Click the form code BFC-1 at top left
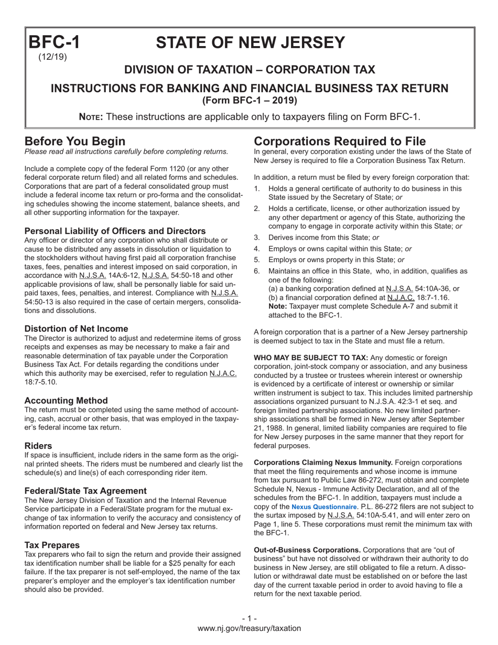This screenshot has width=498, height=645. pyautogui.click(x=53, y=42)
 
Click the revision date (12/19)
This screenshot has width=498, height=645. pyautogui.click(x=52, y=57)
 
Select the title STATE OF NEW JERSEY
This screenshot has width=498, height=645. pyautogui.click(x=251, y=42)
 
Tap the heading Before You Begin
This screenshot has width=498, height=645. pyautogui.click(x=75, y=141)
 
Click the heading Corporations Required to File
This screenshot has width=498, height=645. pyautogui.click(x=340, y=141)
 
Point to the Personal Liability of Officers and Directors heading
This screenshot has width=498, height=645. pyautogui.click(x=115, y=231)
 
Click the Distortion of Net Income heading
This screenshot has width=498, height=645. pyautogui.click(x=76, y=329)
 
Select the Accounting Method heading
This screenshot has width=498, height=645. pyautogui.click(x=66, y=400)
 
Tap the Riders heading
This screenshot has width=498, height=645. pyautogui.click(x=38, y=446)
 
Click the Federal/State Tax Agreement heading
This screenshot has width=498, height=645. pyautogui.click(x=85, y=491)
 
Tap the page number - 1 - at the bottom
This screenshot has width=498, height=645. pyautogui.click(x=249, y=619)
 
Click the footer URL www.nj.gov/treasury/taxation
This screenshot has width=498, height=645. pyautogui.click(x=249, y=628)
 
